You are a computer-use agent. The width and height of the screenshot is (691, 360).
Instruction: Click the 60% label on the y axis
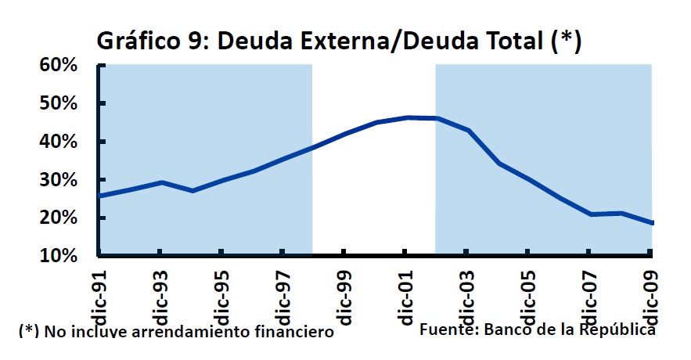[58, 66]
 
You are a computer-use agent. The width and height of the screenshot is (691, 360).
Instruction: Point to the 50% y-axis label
[58, 104]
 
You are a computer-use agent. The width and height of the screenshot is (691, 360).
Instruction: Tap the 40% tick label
[58, 142]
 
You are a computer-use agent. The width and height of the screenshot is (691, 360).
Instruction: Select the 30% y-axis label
[58, 180]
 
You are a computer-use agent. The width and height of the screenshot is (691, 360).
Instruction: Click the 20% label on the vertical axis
[58, 218]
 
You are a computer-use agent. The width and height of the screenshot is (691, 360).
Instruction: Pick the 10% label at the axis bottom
[58, 256]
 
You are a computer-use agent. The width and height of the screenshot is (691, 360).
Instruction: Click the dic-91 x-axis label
[99, 298]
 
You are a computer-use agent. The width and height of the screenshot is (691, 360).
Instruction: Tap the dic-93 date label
[160, 298]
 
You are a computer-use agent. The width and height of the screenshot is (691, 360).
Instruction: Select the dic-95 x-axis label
[221, 298]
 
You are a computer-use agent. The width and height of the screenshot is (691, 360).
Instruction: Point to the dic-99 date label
[344, 298]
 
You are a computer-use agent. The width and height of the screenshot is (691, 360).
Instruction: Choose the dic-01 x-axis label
[405, 298]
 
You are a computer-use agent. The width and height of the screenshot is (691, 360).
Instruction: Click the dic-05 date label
[527, 298]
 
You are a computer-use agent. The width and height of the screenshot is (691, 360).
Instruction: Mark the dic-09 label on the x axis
[650, 298]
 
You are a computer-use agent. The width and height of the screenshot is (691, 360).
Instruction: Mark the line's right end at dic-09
[652, 223]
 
